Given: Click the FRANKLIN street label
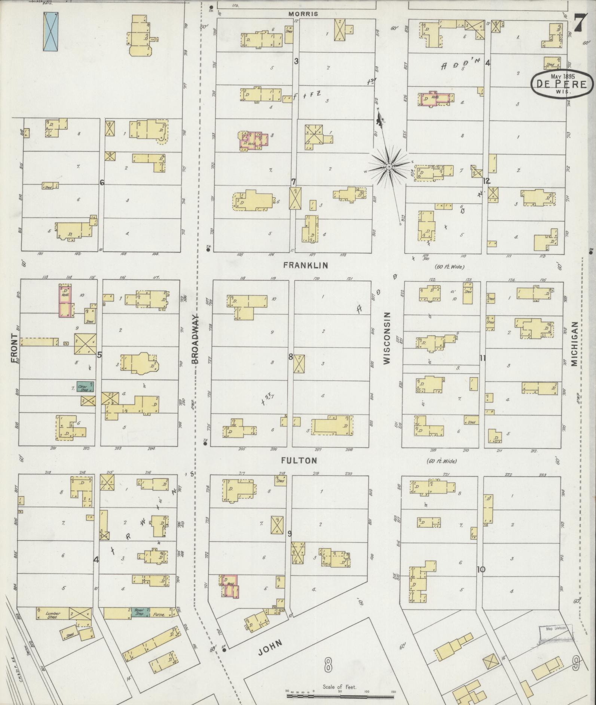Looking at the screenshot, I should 305,265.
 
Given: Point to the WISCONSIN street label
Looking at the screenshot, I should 387,338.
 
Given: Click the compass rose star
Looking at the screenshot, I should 389,166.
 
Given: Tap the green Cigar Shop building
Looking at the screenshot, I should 85,386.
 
